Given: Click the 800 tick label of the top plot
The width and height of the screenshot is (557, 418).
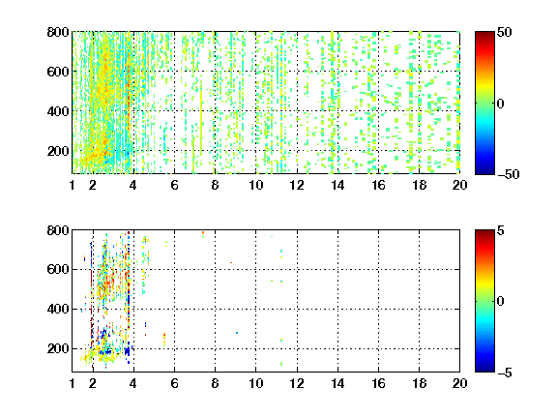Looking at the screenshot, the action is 58,32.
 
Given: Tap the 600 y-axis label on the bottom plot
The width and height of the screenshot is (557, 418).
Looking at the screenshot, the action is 58,269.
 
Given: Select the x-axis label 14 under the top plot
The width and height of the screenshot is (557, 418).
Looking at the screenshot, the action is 337,185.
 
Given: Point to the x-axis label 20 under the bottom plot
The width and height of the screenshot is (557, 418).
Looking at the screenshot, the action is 459,383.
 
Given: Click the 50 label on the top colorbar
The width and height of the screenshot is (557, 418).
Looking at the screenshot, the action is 504,32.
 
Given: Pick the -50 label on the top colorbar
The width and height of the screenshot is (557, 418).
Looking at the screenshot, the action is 509,174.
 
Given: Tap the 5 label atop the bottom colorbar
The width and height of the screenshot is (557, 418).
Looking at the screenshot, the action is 501,230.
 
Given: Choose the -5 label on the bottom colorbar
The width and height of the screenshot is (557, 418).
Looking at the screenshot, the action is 505,373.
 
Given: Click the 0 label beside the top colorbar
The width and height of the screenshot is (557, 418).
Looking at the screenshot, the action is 501,104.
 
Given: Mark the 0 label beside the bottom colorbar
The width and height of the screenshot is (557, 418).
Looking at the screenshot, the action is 501,302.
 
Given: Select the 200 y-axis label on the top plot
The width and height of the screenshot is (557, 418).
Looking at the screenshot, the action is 58,151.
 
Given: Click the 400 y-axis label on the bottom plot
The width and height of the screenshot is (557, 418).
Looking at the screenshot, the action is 58,309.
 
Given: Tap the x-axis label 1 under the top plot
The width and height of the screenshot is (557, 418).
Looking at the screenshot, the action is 73,185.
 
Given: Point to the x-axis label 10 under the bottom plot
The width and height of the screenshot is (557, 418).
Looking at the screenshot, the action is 255,383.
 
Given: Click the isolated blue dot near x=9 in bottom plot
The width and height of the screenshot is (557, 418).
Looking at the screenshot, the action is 237,333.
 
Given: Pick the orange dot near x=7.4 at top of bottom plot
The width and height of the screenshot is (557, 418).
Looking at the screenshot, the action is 203,233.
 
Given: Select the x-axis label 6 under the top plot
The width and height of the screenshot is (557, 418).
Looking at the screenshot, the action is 174,185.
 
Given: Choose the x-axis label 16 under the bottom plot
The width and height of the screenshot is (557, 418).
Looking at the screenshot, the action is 378,383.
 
